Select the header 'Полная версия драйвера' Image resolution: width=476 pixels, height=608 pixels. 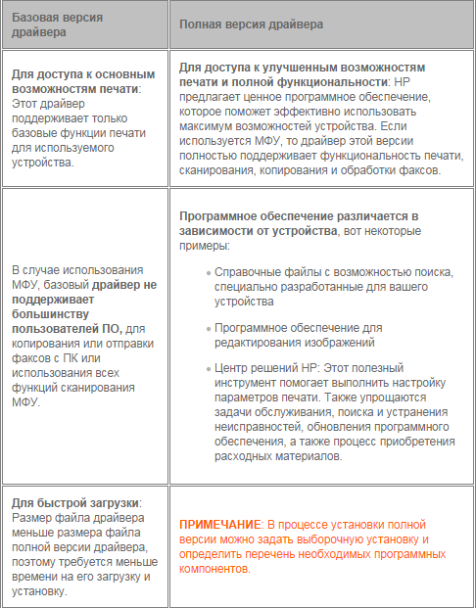pos(254,23)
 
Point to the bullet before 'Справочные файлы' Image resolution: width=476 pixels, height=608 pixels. pos(208,272)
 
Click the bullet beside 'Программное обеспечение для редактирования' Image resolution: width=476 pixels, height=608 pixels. pos(208,329)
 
